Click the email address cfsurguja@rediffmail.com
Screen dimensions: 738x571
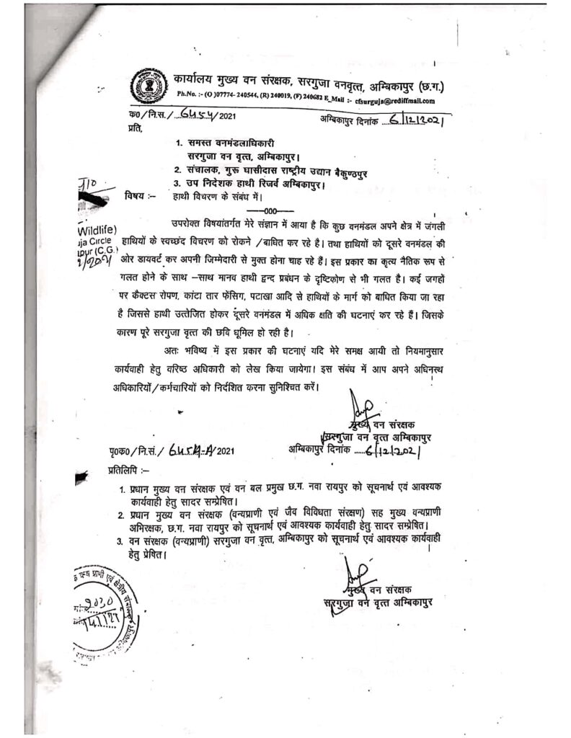pyautogui.click(x=398, y=102)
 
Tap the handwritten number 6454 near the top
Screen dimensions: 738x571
pyautogui.click(x=177, y=115)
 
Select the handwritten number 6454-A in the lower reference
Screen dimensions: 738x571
pyautogui.click(x=185, y=451)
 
